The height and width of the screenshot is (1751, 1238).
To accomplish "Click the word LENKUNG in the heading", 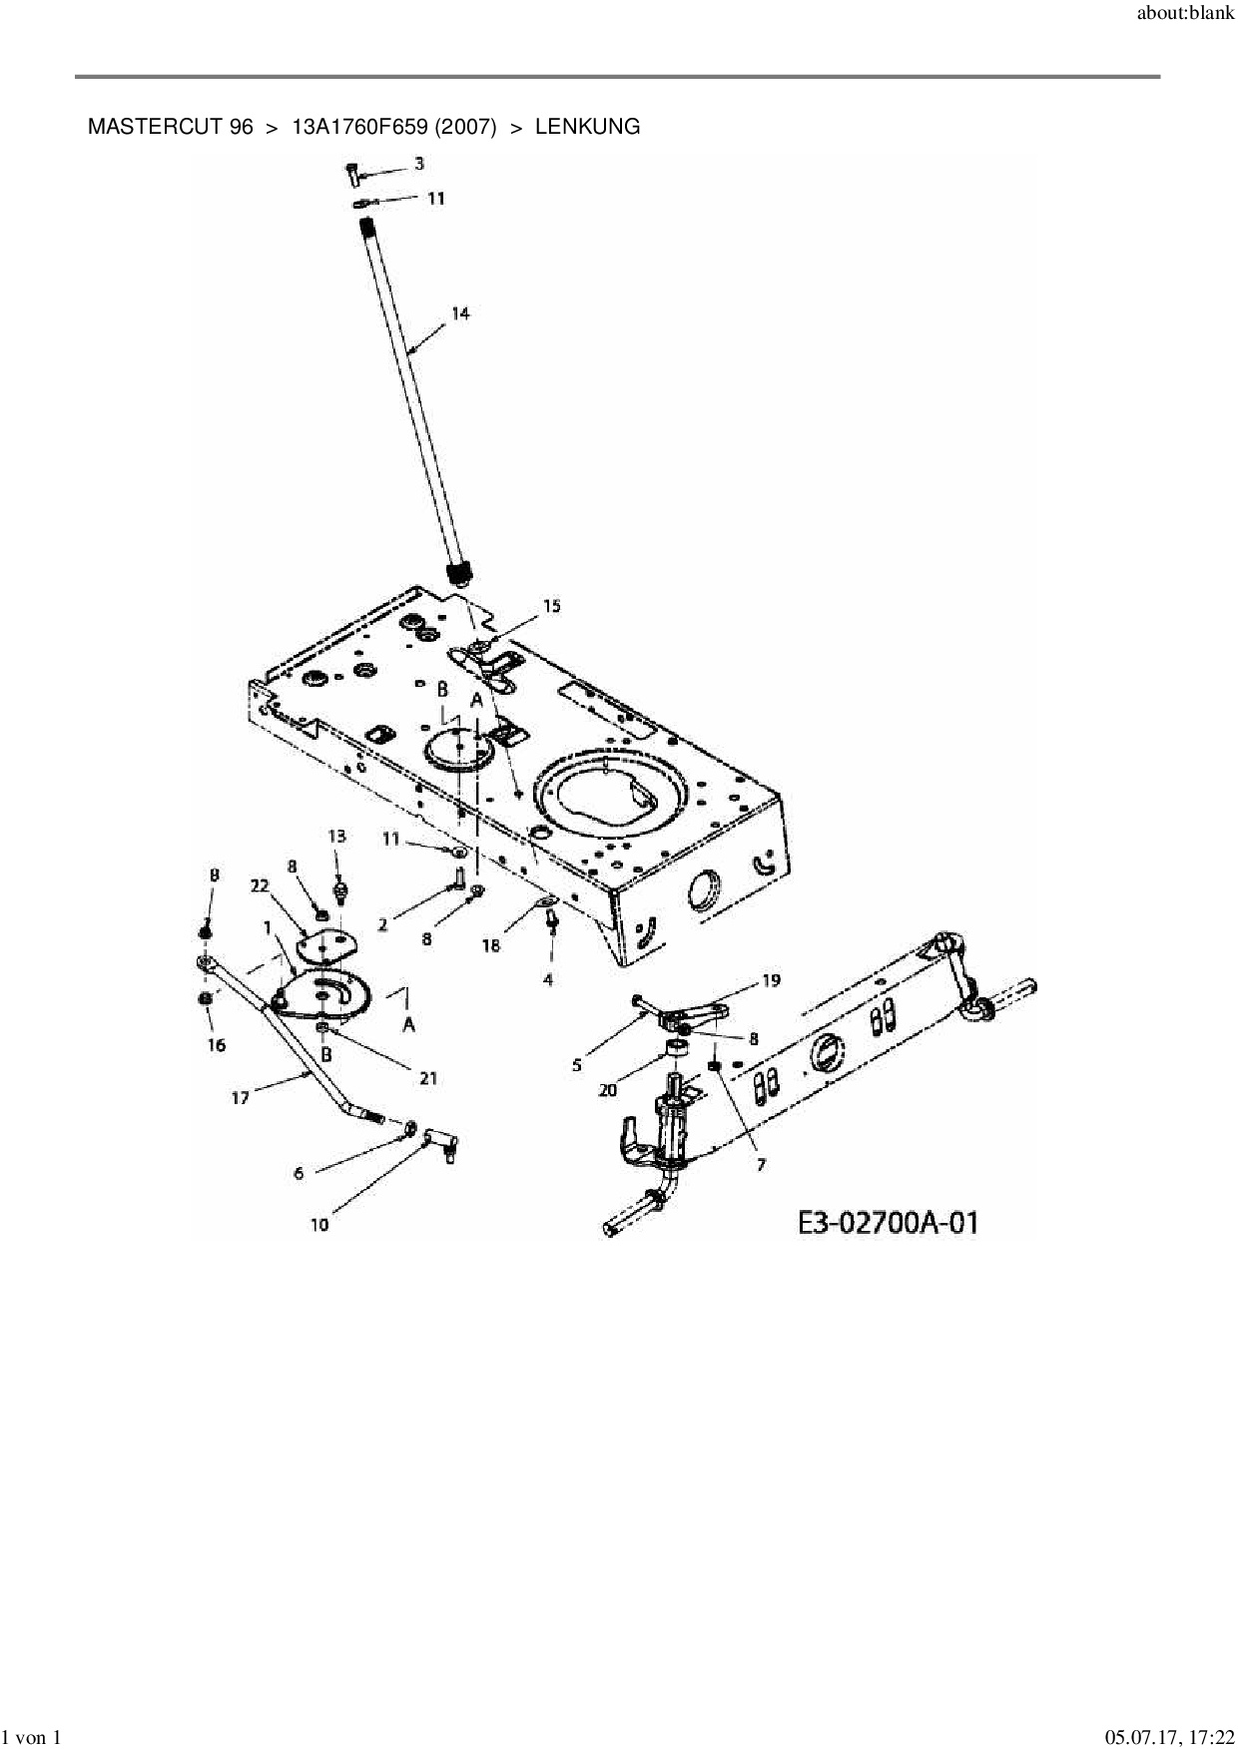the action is pyautogui.click(x=587, y=127).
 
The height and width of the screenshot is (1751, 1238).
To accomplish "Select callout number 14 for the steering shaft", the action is pyautogui.click(x=460, y=313).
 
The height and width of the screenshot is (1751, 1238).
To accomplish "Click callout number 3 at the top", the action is pyautogui.click(x=419, y=163).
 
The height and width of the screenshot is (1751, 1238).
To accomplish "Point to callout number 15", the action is pyautogui.click(x=551, y=606).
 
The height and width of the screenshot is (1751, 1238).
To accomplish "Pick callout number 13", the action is pyautogui.click(x=336, y=836).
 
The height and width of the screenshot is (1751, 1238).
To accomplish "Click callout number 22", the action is pyautogui.click(x=260, y=885).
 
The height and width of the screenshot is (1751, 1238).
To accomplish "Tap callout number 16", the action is pyautogui.click(x=217, y=1045).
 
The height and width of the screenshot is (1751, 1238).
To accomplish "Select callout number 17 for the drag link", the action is pyautogui.click(x=241, y=1098).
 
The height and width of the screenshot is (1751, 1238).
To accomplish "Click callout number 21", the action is pyautogui.click(x=428, y=1078).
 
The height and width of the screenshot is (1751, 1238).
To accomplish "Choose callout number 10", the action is pyautogui.click(x=319, y=1225).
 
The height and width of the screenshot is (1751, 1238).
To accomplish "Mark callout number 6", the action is pyautogui.click(x=299, y=1174).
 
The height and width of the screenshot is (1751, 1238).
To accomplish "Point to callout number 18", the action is pyautogui.click(x=491, y=945).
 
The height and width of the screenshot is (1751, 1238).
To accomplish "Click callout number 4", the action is pyautogui.click(x=548, y=980).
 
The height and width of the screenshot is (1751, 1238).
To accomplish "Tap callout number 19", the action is pyautogui.click(x=771, y=980).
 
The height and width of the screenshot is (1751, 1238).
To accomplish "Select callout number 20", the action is pyautogui.click(x=607, y=1090).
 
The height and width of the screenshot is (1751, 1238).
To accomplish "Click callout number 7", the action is pyautogui.click(x=761, y=1165).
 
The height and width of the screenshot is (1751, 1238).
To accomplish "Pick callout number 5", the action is pyautogui.click(x=577, y=1065).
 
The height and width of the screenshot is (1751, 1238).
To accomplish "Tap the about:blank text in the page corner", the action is pyautogui.click(x=1186, y=15).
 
